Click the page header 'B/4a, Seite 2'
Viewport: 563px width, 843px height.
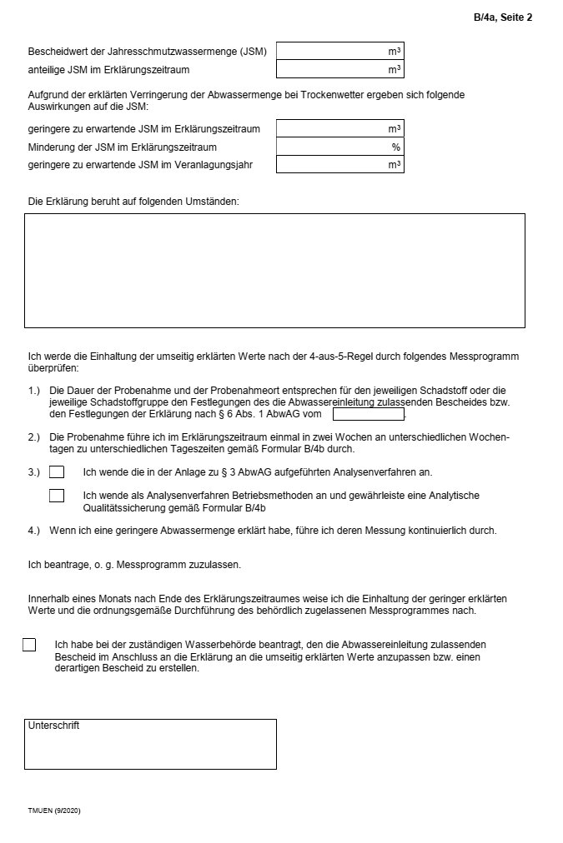point(502,17)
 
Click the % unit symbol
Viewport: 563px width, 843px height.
point(396,147)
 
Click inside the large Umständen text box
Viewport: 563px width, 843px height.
point(274,271)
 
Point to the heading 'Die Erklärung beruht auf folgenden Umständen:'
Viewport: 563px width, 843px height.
point(133,202)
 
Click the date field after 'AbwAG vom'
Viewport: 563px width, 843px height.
point(368,414)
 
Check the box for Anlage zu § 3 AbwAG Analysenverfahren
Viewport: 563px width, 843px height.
point(57,472)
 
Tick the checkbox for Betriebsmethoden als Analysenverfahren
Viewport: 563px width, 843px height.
point(57,496)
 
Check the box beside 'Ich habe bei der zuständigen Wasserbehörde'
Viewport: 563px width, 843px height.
point(29,645)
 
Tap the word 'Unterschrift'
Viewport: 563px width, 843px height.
point(53,726)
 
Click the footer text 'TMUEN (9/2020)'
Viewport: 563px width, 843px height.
point(54,811)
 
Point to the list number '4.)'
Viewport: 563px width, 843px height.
point(34,531)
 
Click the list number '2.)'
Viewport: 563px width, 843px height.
point(34,437)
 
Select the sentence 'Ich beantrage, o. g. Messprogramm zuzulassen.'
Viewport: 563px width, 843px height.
point(134,565)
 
